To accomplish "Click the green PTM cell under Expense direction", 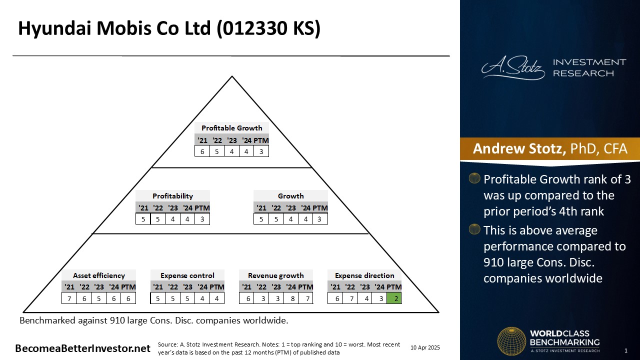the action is pos(394,298).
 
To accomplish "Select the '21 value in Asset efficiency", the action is pos(69,298).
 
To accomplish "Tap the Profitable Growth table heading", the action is pos(231,128).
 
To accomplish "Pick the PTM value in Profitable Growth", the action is pos(261,151).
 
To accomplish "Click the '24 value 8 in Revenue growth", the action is pos(291,298).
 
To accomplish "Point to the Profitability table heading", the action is pos(172,196).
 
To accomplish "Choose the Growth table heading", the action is pos(290,196).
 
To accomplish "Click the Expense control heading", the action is pos(187,275).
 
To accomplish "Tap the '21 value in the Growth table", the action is pos(261,219).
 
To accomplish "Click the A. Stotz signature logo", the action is pos(513,68).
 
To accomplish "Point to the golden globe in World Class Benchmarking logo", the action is pos(511,341).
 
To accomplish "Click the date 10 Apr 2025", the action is pos(425,347).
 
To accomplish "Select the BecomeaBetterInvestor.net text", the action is pos(82,348).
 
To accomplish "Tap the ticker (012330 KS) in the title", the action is pos(268,28).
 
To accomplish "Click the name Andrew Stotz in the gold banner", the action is pos(519,148).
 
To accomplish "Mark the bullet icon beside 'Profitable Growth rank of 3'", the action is pos(474,178).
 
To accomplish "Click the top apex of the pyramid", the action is pos(232,76).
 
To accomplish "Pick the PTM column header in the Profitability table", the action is pos(202,208).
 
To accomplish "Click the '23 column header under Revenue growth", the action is pos(276,287).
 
